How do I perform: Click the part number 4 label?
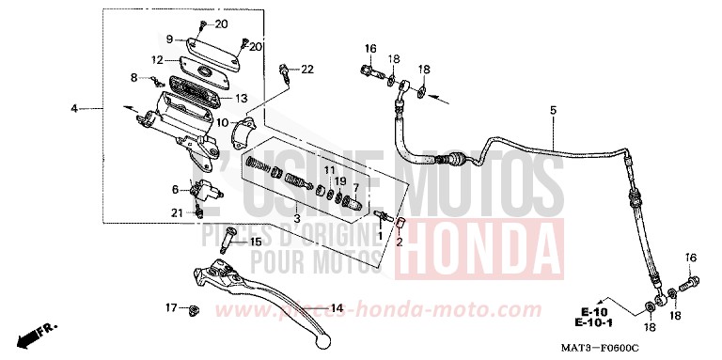pos(73,109)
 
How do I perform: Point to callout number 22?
pos(307,69)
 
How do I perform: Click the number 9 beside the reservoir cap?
pos(170,39)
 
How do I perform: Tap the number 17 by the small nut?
pos(171,307)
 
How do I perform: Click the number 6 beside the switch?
pos(174,189)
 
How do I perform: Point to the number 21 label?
pos(176,212)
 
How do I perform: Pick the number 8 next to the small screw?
pos(134,78)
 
